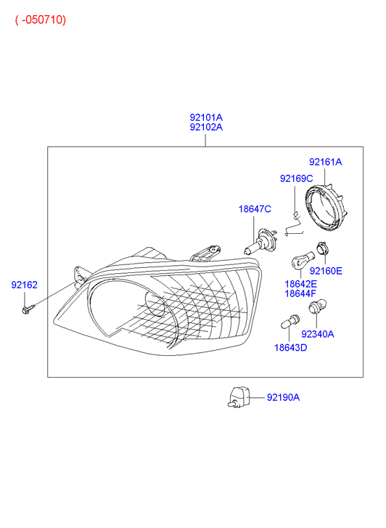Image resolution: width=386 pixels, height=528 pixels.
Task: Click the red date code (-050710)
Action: [41, 20]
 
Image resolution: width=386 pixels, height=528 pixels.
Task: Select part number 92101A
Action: [206, 117]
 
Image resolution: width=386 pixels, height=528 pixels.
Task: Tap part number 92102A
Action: [206, 127]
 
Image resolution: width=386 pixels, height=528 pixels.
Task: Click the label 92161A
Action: [326, 162]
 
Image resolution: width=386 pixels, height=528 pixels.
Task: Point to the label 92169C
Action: [296, 178]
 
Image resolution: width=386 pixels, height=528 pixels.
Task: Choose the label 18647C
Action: [255, 209]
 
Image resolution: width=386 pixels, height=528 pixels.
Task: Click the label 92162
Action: [24, 285]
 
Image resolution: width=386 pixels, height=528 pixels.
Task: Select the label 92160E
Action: [326, 271]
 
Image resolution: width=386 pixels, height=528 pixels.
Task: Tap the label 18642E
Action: [301, 284]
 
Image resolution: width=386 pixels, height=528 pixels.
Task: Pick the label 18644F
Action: [300, 293]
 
